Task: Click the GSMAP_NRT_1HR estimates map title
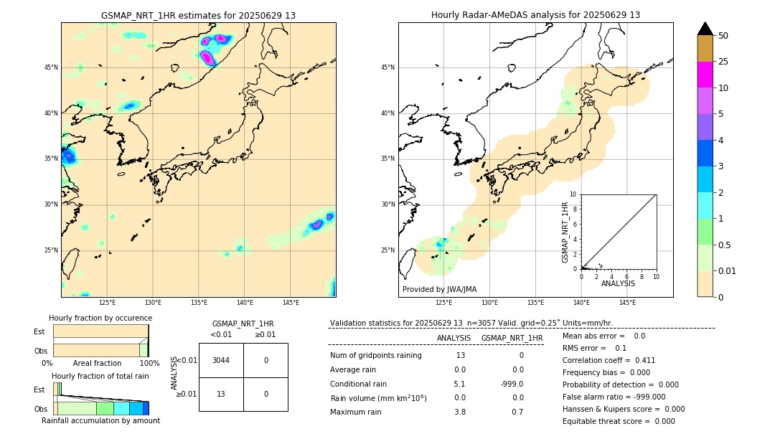tap(198, 15)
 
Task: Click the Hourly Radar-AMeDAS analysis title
tap(535, 15)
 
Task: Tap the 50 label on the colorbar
tap(723, 36)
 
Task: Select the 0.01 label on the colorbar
tap(728, 270)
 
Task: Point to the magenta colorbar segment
tap(705, 75)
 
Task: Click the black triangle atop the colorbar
tap(705, 29)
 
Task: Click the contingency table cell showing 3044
tap(221, 360)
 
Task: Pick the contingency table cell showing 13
tap(221, 394)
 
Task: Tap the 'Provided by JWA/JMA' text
tap(439, 289)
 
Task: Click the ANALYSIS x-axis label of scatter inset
tap(618, 284)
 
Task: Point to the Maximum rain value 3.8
tap(460, 412)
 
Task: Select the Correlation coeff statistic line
tap(609, 360)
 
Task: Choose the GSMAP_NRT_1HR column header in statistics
tap(512, 338)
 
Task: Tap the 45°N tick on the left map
tap(51, 67)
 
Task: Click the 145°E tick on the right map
tap(627, 303)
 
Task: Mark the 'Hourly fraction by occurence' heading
tap(100, 318)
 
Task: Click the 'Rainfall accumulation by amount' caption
tap(100, 420)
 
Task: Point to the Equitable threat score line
tap(619, 421)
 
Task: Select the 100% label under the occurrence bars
tap(149, 364)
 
